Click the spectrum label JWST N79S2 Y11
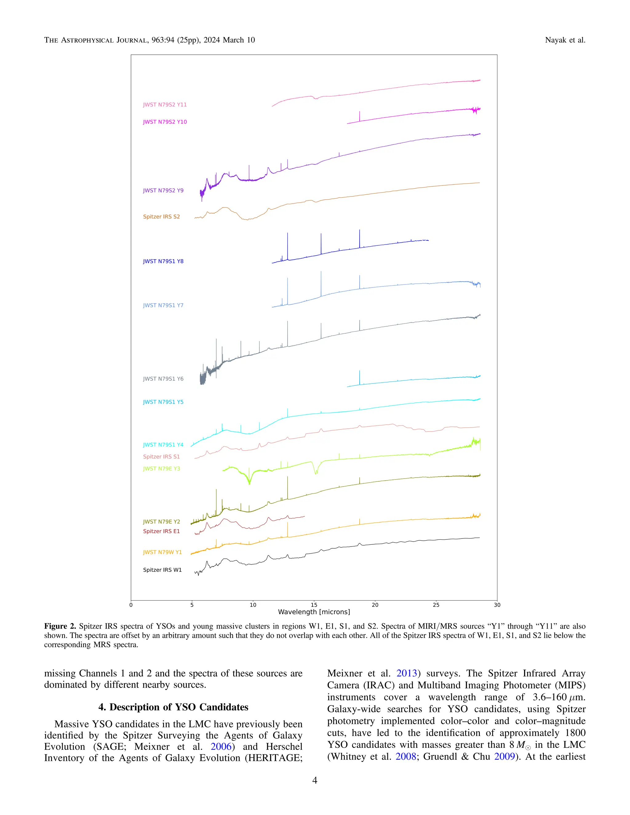165,105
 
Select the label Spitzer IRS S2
161,217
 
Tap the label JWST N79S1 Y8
163,261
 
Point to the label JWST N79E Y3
161,468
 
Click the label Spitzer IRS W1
162,570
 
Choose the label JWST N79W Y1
162,552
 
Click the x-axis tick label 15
314,605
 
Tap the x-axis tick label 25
436,605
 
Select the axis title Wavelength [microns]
314,612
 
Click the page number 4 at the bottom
315,781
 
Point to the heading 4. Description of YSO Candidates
173,707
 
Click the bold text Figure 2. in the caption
60,626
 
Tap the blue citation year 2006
221,747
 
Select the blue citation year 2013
406,673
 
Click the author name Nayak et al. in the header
565,40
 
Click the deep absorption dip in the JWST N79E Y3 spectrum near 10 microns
249,483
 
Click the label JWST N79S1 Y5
163,402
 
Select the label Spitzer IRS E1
161,531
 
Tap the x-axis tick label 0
131,605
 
